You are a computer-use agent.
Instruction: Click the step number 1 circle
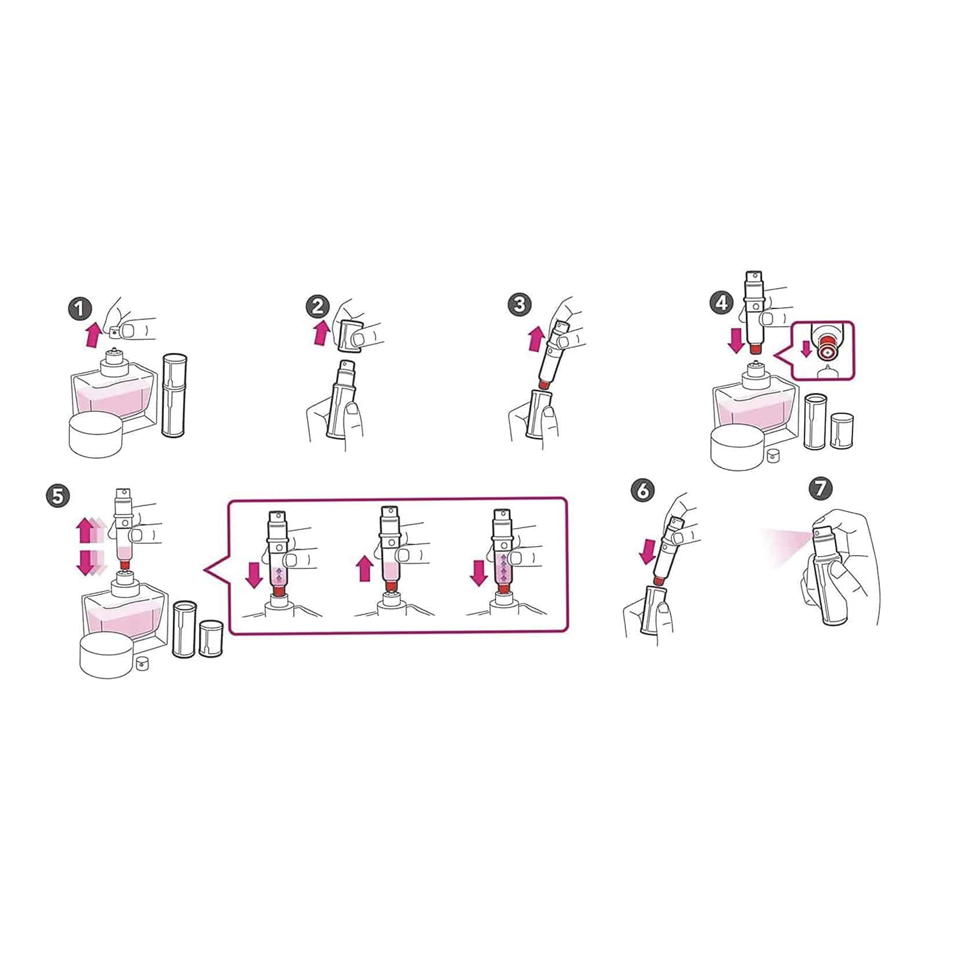coord(81,309)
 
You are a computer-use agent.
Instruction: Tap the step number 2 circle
coord(318,306)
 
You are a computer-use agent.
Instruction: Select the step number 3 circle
coord(520,305)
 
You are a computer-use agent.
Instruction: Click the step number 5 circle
coord(57,495)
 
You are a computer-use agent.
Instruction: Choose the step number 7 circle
coord(820,489)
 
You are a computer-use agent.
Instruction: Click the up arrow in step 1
coord(92,335)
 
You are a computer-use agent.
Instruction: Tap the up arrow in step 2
coord(322,334)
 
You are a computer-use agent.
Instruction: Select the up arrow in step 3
coord(536,338)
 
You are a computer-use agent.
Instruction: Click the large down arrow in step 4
coord(736,340)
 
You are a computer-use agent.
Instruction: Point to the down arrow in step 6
coord(647,551)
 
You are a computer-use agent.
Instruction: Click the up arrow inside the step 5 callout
coord(365,568)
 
